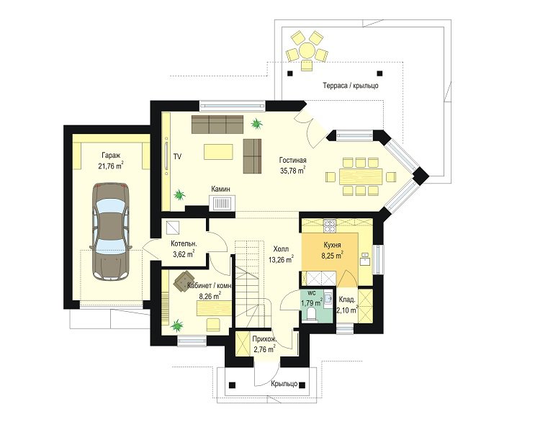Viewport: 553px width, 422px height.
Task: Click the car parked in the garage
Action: tap(110, 231)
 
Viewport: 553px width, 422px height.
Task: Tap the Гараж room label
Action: tap(111, 155)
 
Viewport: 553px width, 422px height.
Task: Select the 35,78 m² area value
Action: tap(292, 171)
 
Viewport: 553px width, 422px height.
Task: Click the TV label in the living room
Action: tap(177, 156)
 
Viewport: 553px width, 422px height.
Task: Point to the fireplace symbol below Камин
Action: tap(222, 204)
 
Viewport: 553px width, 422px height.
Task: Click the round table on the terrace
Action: tap(307, 50)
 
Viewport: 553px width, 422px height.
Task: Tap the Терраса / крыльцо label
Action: tap(351, 86)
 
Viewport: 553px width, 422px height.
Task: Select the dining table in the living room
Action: tap(361, 175)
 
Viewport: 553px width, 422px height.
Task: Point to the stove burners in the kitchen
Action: tap(330, 225)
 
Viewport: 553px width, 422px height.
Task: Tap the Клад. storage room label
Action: tap(346, 300)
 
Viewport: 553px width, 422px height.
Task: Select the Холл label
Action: tap(281, 249)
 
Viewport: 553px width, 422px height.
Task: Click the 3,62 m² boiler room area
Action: tap(184, 253)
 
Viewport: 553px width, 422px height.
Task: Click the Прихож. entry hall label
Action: tap(264, 339)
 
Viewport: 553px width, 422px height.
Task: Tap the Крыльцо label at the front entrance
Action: tap(284, 384)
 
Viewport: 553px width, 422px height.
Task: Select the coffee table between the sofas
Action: tap(218, 152)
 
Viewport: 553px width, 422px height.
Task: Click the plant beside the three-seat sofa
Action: tap(256, 123)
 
